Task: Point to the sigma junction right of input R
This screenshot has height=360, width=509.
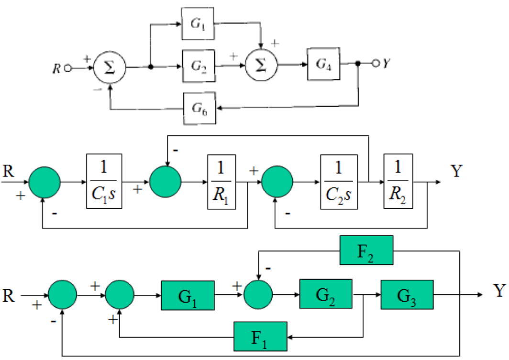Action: (x=110, y=68)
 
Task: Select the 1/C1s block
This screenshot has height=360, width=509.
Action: (x=104, y=181)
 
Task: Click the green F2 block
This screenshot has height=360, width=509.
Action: (x=366, y=250)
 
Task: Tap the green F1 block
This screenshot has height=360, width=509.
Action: (x=260, y=336)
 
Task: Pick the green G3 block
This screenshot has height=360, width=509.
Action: (x=407, y=295)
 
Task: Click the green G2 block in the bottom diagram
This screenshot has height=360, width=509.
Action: (x=325, y=295)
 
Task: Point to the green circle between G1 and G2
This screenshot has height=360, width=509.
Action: (x=258, y=295)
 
